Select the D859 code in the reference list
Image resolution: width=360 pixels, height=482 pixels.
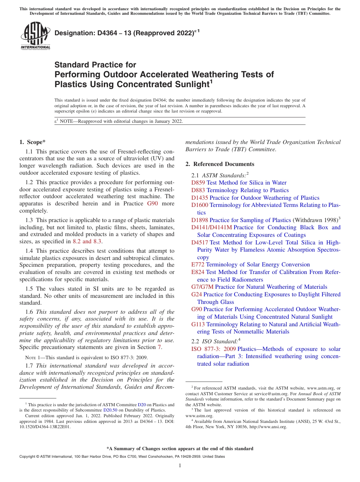click(198, 183)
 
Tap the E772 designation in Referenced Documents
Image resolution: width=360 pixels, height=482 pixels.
click(198, 264)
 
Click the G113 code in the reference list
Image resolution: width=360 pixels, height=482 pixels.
click(198, 324)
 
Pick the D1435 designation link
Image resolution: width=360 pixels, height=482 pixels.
click(200, 198)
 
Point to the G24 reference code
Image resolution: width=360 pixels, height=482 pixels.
click(197, 294)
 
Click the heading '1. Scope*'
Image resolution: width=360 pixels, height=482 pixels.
click(32, 142)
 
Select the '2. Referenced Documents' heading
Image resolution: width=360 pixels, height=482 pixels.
click(220, 164)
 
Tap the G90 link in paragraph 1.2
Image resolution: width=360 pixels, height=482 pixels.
click(151, 203)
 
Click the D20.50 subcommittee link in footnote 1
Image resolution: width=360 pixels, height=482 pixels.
click(110, 410)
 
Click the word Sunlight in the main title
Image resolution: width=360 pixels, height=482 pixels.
click(185, 84)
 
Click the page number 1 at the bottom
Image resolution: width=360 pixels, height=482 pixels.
click(180, 466)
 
